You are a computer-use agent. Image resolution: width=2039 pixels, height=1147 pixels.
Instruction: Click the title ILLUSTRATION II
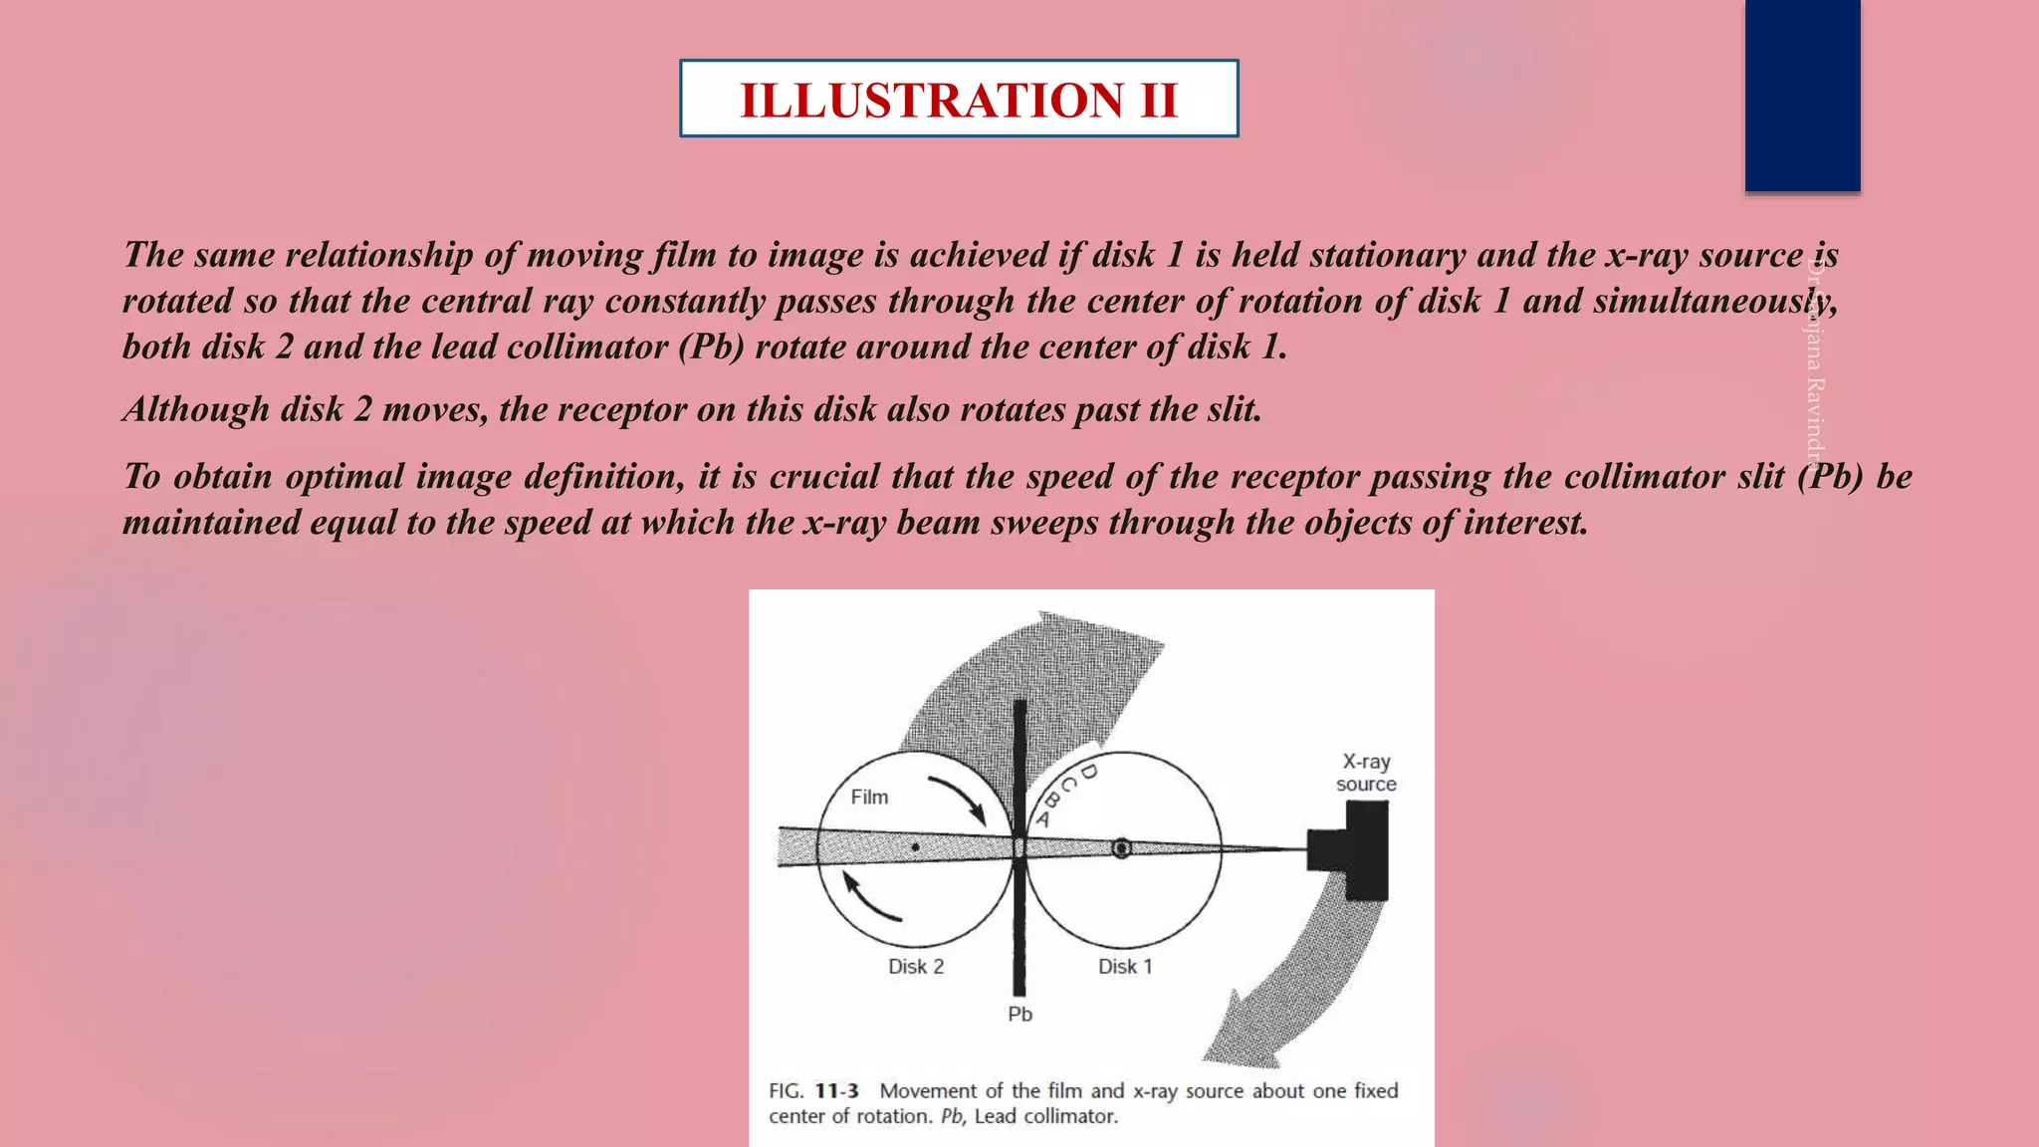pos(959,100)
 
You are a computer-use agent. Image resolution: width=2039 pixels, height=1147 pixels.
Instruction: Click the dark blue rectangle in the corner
pos(1802,95)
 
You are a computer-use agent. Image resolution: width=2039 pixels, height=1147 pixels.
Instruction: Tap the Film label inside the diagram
pos(869,797)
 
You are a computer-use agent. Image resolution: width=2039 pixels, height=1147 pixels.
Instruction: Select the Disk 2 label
pos(916,966)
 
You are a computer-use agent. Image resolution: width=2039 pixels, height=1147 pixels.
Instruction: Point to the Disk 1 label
pos(1125,966)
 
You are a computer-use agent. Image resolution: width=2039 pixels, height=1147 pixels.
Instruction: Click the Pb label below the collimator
pos(1019,1014)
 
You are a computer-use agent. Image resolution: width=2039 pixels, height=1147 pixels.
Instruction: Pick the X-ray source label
pos(1366,773)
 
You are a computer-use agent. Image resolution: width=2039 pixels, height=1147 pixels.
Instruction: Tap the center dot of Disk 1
pos(1121,848)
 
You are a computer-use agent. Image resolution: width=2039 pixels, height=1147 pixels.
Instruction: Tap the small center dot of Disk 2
pos(915,847)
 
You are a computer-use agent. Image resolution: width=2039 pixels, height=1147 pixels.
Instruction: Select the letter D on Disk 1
pos(1088,772)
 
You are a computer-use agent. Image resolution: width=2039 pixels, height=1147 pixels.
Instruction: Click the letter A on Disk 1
pos(1043,819)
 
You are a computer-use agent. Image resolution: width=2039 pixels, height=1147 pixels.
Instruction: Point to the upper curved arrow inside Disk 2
pos(958,799)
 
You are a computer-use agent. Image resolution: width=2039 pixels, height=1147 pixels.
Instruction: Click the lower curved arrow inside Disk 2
pos(869,897)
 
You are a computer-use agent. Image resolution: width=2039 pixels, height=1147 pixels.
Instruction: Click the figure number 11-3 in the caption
pos(836,1090)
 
